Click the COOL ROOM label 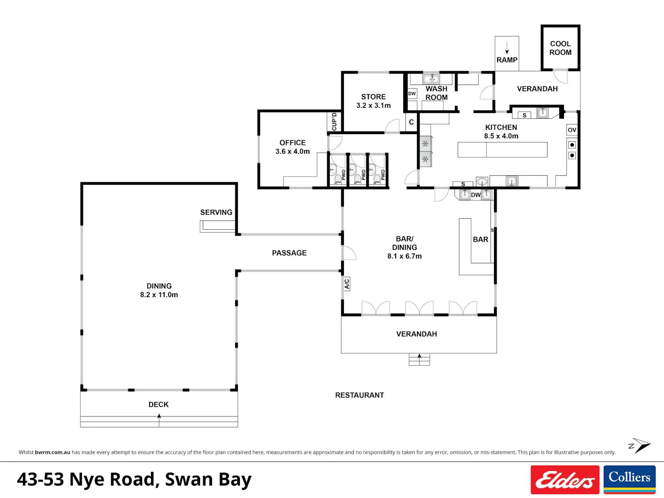pos(560,48)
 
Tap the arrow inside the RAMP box pos(507,47)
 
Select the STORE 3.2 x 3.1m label pos(373,101)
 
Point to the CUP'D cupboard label pos(334,122)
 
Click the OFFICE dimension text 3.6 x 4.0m pos(293,151)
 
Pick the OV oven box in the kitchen pos(572,130)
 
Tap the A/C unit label pos(347,284)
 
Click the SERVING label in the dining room pos(216,212)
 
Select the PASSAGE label pos(289,253)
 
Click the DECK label pos(158,404)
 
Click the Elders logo pos(565,479)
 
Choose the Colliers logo pos(629,479)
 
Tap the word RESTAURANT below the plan pos(359,395)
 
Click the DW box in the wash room pos(412,93)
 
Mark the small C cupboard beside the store pos(411,122)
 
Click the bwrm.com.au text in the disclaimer pos(53,452)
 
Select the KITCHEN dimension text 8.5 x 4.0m pos(501,136)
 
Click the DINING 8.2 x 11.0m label pos(159,290)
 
